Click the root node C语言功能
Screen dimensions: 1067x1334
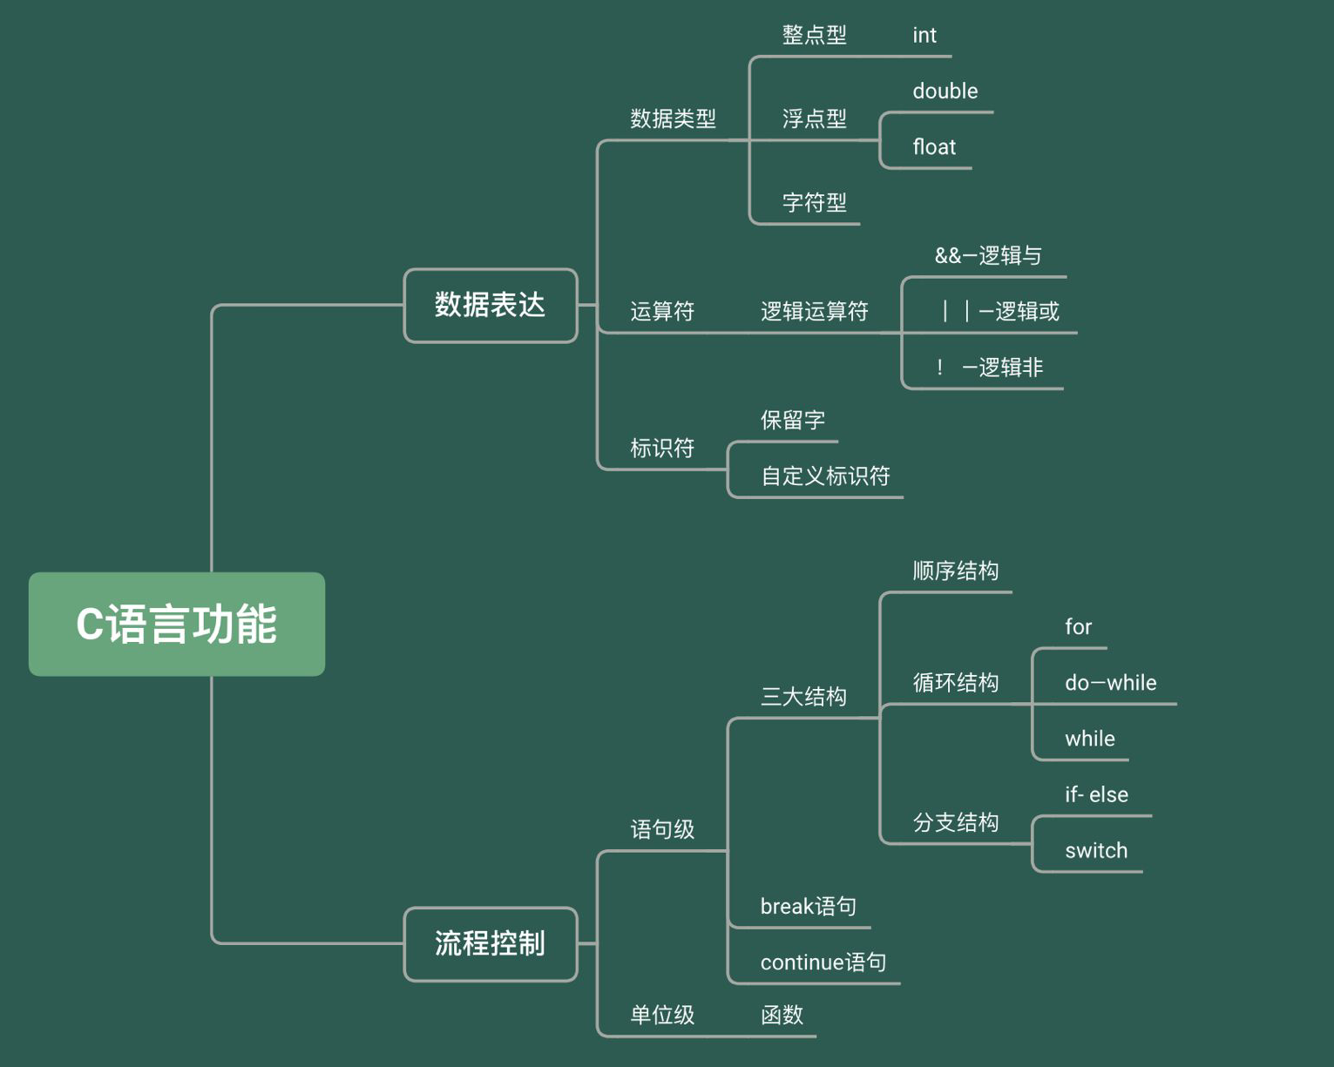tap(177, 624)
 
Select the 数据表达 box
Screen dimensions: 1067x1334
tap(491, 305)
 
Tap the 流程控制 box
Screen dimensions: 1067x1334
tap(491, 943)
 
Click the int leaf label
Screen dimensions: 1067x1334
tap(924, 36)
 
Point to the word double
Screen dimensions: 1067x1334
tap(945, 91)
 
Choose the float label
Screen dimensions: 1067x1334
tap(934, 147)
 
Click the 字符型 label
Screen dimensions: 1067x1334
tap(814, 203)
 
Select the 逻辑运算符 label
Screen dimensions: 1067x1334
tap(814, 311)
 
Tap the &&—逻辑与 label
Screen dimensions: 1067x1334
tap(988, 255)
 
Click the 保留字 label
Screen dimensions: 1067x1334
tap(792, 420)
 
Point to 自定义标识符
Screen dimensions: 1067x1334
tap(825, 476)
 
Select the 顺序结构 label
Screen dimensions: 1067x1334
tap(955, 571)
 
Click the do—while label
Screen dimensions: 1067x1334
tap(1110, 683)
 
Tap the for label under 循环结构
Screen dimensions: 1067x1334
tap(1078, 627)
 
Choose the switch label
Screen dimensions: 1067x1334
tap(1095, 850)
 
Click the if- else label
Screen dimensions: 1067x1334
tap(1095, 794)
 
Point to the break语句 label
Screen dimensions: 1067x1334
tap(808, 907)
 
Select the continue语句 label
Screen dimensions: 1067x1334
tap(823, 962)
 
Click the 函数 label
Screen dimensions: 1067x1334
tap(782, 1015)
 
